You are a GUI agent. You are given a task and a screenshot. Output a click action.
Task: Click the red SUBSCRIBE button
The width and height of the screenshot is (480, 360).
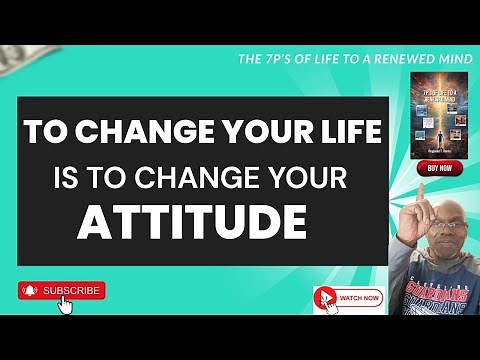tap(62, 290)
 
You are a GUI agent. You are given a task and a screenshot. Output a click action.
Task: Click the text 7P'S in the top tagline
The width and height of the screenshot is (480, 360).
tap(276, 59)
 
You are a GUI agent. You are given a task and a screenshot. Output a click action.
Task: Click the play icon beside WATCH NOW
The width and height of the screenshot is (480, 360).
tap(324, 297)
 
